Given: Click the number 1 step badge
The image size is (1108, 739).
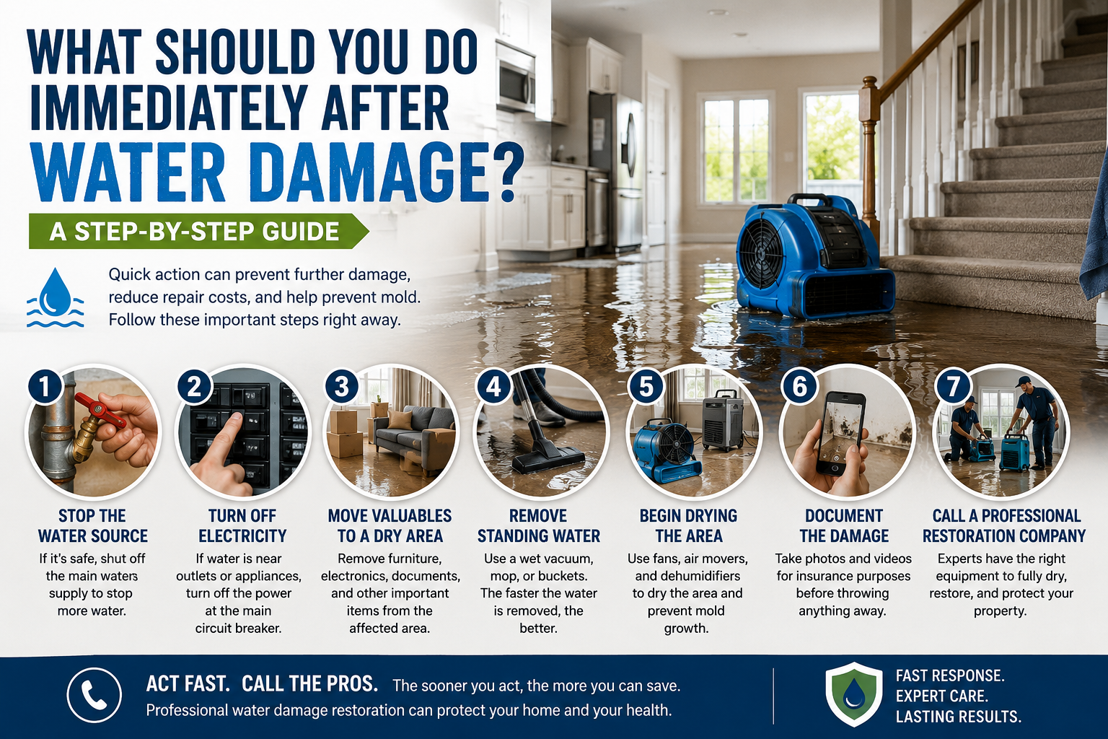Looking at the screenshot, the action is coord(45,386).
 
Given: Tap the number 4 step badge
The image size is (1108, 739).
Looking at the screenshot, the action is coord(493,386).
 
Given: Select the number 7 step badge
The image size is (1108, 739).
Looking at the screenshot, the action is coord(953,386).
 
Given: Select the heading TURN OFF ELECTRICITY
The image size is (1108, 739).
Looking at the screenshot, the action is coord(242,525).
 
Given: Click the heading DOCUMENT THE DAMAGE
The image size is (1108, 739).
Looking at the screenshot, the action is coord(844,525).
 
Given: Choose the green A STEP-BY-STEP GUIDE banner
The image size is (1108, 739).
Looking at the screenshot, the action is coord(198,231).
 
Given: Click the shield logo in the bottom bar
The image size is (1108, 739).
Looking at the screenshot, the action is coord(854,694).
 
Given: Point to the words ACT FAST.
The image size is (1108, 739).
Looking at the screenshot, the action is coord(188,684).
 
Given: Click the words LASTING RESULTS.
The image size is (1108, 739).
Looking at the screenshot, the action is coord(958,716).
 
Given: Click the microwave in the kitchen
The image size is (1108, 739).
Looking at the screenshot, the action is coord(516,76).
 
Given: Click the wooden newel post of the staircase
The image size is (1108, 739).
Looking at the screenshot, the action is coord(869,158).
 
